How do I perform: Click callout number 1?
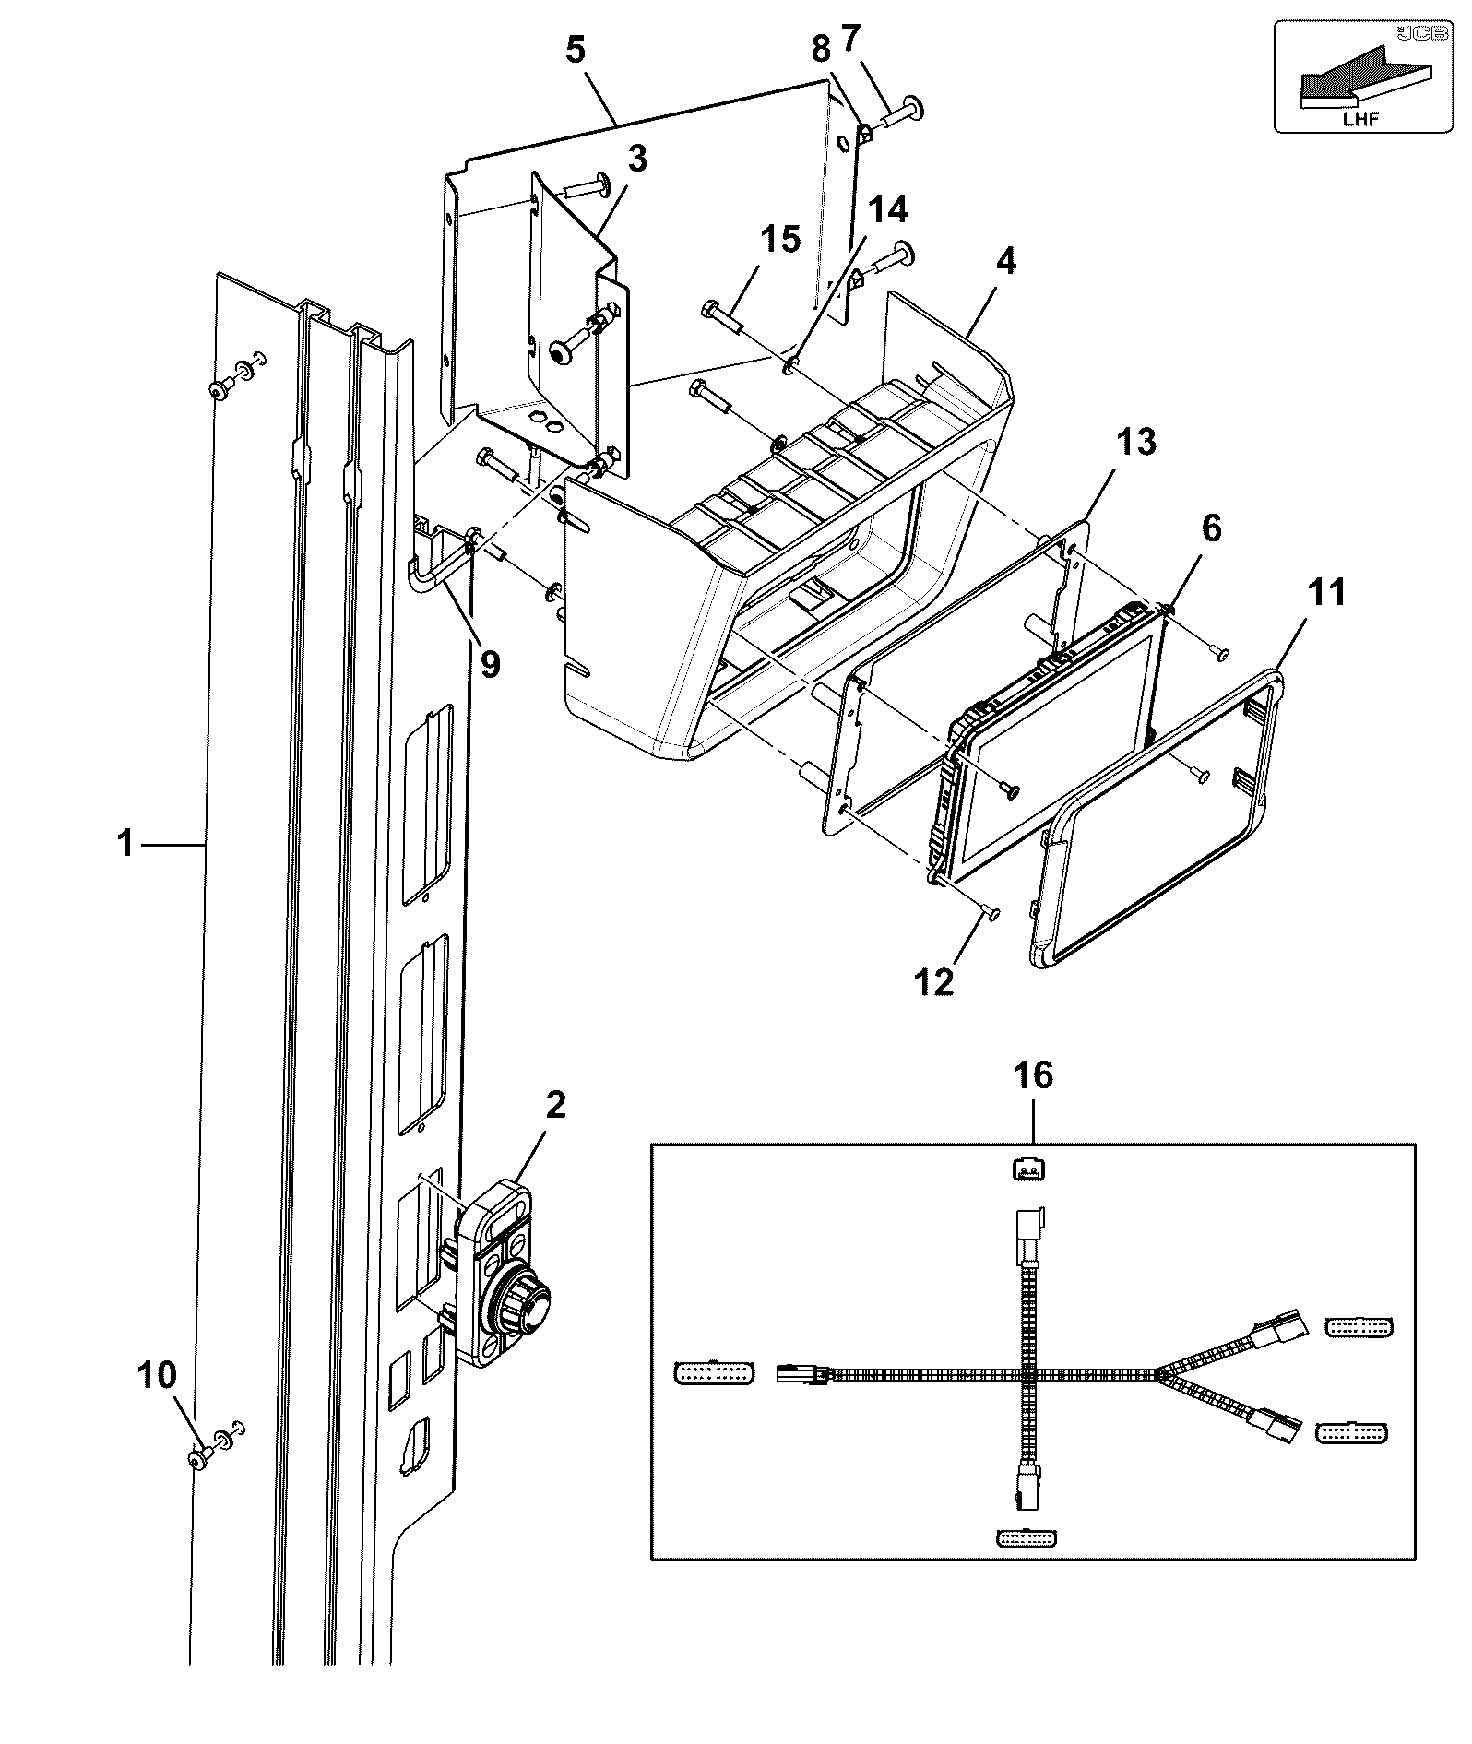(x=125, y=843)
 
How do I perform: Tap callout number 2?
(x=555, y=1105)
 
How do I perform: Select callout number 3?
(x=637, y=159)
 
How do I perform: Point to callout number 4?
(x=1005, y=262)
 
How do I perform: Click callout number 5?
(x=575, y=50)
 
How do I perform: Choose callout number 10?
(x=157, y=1375)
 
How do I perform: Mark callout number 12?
(x=934, y=982)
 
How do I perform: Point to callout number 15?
(x=779, y=240)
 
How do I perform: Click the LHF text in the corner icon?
(x=1361, y=119)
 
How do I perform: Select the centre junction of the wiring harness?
(x=1029, y=1375)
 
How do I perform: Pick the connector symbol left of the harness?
(x=714, y=1372)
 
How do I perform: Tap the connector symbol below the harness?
(x=1027, y=1537)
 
